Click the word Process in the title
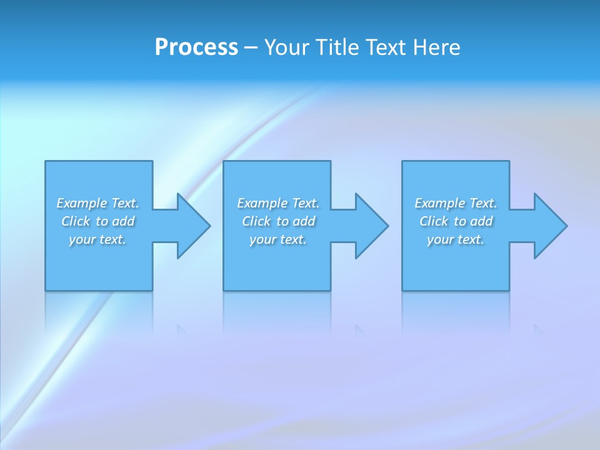coord(196,47)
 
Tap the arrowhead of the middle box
coord(371,226)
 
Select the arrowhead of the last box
coord(549,226)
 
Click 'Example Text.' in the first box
coord(97,203)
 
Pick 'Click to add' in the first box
coord(97,221)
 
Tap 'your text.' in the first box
coord(97,239)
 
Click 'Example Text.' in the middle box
coord(278,203)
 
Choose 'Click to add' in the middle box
coord(278,221)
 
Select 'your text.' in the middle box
coord(278,239)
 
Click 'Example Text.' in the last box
coord(456,203)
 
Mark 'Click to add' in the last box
coord(456,221)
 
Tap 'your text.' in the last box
coord(456,239)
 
